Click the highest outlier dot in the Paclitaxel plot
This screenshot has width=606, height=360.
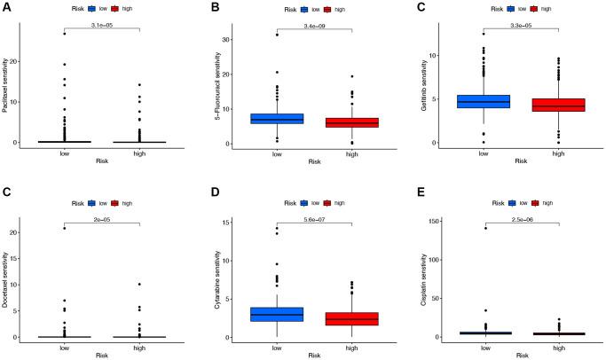(x=65, y=33)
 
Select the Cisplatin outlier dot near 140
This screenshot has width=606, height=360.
(x=484, y=228)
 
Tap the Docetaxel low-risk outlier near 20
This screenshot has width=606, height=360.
(x=65, y=228)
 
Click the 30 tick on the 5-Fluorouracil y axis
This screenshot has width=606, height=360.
(x=232, y=40)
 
